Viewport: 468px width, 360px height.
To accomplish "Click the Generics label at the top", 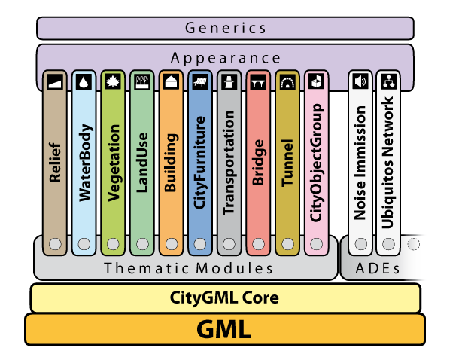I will (x=225, y=29).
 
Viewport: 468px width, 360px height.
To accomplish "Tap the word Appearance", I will (x=226, y=58).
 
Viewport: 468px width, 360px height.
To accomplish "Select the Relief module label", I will (x=55, y=162).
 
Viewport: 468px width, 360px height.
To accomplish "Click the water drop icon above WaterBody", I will (x=84, y=81).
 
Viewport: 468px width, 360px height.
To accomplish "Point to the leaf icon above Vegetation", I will (x=113, y=81).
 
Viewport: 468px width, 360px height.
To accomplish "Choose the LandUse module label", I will (x=142, y=163).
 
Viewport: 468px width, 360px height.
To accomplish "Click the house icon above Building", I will (x=171, y=81).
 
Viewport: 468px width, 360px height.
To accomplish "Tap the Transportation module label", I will (x=229, y=163).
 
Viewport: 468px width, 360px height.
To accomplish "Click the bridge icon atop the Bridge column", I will (x=257, y=81).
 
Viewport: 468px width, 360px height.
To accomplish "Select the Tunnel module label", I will (x=287, y=163).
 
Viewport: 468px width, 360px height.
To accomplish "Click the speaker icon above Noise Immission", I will (x=360, y=81).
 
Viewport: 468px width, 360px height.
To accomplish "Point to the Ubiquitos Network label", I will (x=388, y=163).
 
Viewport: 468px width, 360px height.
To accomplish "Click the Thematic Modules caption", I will (x=188, y=268).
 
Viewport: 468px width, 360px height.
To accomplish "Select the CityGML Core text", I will (x=225, y=298).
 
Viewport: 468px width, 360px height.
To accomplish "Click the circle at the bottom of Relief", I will (x=55, y=244).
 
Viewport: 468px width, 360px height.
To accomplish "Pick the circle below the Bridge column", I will (x=257, y=244).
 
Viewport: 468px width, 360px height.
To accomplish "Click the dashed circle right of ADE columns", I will (x=413, y=244).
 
